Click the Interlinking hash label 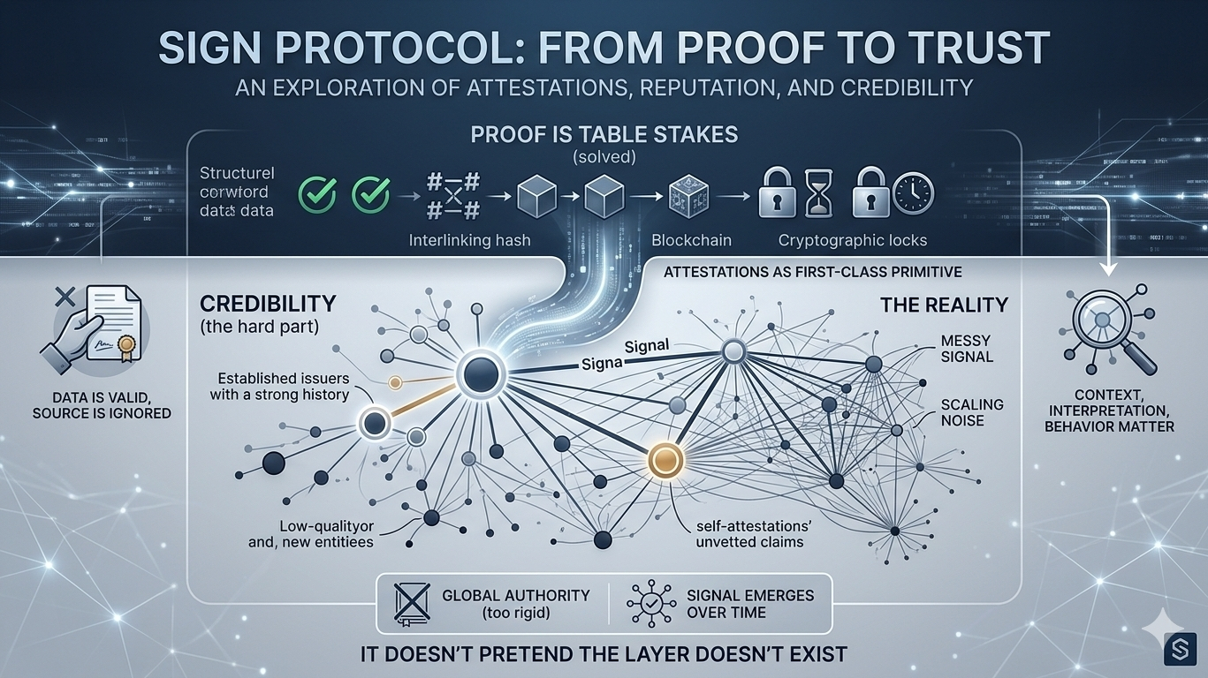tap(470, 240)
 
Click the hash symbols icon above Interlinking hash tap(452, 195)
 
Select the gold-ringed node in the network tap(664, 459)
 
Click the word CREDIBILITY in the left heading tap(268, 304)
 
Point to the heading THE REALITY tap(944, 305)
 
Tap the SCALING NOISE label tap(959, 413)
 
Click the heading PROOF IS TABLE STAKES tap(603, 136)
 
